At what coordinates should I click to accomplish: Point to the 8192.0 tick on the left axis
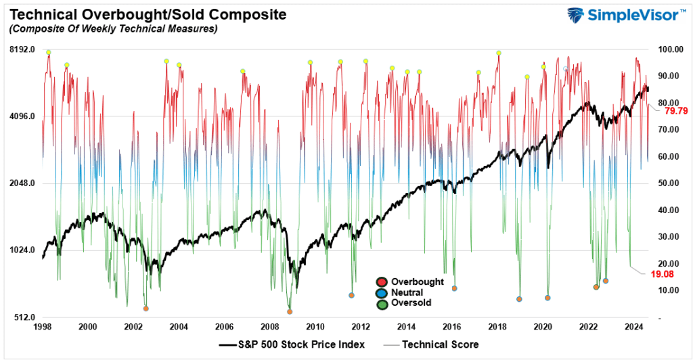[x=22, y=49]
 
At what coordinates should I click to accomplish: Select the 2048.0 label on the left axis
[x=22, y=183]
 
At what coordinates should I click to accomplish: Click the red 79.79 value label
[x=677, y=110]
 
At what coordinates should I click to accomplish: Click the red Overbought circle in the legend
[x=382, y=282]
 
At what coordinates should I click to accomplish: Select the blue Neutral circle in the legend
[x=382, y=292]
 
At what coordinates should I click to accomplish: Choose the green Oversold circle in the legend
[x=382, y=303]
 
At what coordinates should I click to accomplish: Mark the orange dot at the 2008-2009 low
[x=290, y=311]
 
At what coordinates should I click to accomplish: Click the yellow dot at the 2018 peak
[x=499, y=53]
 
